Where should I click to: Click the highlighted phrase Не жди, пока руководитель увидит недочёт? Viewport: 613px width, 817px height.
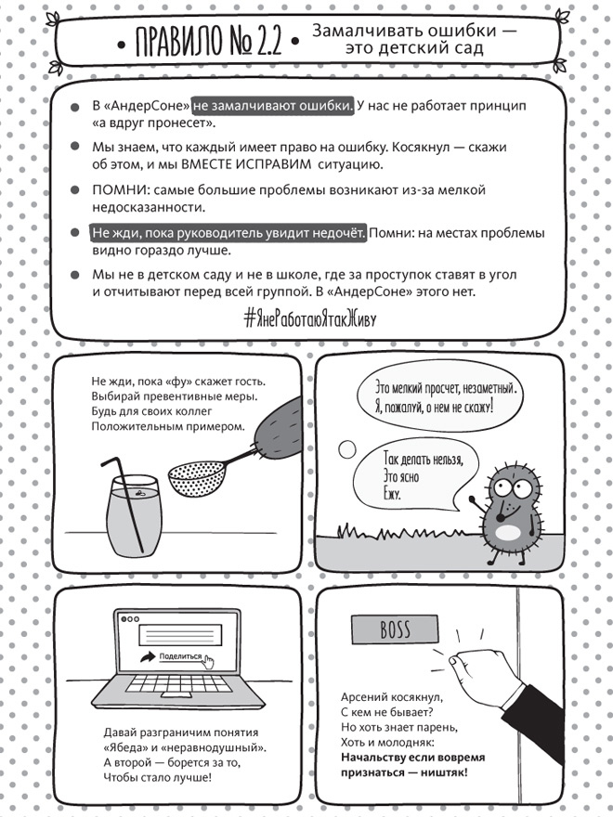click(228, 233)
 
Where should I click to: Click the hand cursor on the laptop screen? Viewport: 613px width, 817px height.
click(209, 661)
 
